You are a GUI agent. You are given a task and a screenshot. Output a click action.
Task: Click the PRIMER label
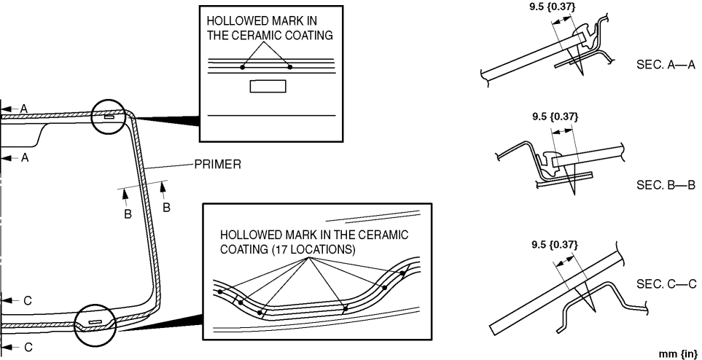point(217,165)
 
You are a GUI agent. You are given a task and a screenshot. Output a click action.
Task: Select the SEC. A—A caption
point(666,65)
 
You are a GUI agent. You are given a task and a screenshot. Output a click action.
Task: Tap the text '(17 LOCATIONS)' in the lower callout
point(309,249)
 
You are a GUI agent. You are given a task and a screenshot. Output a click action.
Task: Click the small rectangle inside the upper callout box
point(268,86)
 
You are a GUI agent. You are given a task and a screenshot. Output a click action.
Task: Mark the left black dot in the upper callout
point(243,67)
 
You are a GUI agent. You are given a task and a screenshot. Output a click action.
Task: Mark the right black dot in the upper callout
point(290,67)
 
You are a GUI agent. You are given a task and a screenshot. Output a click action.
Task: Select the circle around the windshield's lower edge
point(95,322)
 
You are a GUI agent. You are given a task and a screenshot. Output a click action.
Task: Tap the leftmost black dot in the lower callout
point(220,291)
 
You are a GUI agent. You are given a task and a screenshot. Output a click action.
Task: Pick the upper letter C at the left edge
point(27,300)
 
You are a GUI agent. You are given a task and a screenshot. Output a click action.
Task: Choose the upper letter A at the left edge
point(24,108)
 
